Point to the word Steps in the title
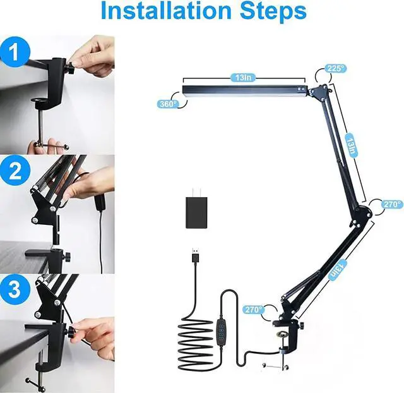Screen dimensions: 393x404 pyautogui.click(x=273, y=11)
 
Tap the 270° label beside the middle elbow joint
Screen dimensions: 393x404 pyautogui.click(x=391, y=204)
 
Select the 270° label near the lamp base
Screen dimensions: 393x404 pyautogui.click(x=254, y=310)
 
